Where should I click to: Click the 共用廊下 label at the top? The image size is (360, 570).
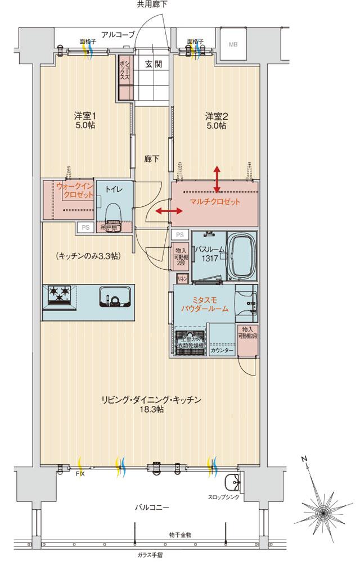152,4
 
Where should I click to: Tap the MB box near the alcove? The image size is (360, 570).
232,44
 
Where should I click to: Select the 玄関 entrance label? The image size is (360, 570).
153,64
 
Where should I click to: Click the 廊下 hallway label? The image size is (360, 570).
152,159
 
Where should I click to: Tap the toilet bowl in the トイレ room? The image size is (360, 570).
112,214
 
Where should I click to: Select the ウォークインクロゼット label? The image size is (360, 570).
71,190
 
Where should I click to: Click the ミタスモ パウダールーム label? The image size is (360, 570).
204,304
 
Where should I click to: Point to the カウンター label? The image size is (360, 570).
222,350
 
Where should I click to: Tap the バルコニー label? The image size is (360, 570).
152,507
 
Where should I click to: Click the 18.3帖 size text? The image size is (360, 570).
152,410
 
